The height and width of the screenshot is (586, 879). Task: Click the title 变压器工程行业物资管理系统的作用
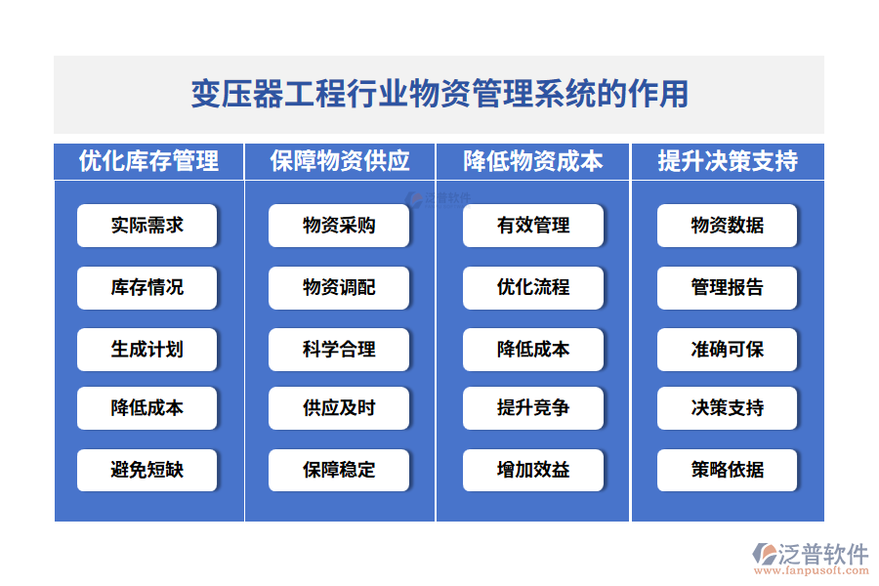[439, 94]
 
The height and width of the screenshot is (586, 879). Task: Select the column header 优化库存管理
[148, 161]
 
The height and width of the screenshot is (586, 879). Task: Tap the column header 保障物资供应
[339, 161]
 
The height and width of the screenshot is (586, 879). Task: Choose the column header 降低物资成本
[532, 161]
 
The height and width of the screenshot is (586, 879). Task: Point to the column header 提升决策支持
[728, 161]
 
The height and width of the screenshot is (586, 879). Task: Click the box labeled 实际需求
[147, 226]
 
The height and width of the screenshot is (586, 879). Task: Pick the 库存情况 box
[147, 287]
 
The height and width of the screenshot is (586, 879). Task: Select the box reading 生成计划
[147, 349]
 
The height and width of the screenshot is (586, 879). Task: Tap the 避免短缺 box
[147, 470]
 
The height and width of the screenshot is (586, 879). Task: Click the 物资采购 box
[339, 226]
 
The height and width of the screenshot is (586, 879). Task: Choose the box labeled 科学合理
[339, 349]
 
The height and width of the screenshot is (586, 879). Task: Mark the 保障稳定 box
[339, 470]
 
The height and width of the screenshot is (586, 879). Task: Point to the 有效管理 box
[532, 226]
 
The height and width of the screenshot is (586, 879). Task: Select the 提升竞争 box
[532, 408]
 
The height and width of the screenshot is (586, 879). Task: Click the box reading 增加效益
[532, 470]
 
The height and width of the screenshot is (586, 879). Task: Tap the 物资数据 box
[727, 226]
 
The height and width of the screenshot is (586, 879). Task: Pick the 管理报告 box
[727, 287]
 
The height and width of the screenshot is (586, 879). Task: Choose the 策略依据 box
[727, 470]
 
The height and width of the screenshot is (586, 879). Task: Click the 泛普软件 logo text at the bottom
[822, 555]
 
